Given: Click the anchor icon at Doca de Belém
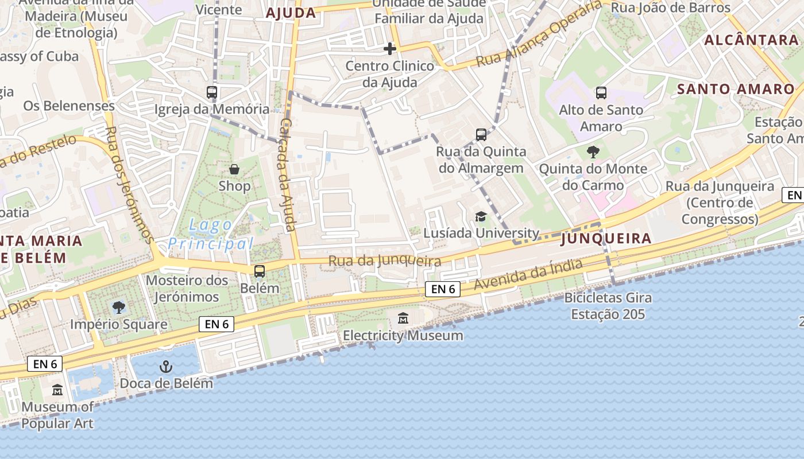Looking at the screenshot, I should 166,366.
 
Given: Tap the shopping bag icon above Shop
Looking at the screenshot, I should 234,169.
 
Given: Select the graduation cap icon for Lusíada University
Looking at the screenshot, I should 481,216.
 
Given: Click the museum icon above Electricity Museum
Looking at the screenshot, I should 403,318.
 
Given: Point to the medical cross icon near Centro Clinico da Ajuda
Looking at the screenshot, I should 390,49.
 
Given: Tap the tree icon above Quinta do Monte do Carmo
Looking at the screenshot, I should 593,152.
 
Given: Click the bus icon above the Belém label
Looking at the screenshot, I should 260,271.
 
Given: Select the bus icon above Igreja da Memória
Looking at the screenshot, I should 212,92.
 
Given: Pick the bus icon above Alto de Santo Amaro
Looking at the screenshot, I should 601,92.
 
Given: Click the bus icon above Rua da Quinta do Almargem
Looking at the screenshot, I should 481,135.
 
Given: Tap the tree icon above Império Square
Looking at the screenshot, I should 118,308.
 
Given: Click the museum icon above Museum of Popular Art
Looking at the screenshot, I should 57,390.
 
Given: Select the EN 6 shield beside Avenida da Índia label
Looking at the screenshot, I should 443,289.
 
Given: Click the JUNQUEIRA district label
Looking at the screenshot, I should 606,238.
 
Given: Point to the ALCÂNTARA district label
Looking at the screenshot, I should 751,40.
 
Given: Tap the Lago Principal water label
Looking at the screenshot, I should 211,234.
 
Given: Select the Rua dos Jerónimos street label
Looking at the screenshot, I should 129,184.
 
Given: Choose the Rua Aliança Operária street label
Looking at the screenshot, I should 539,34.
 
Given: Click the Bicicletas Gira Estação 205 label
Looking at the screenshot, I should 608,306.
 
